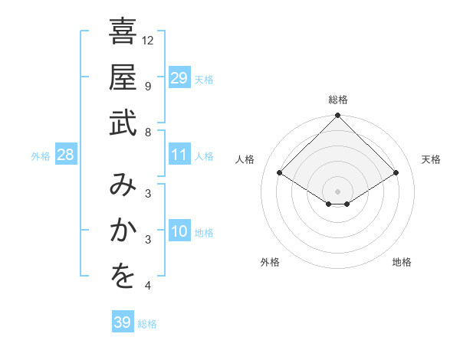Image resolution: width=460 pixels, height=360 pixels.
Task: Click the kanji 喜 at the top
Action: point(123,34)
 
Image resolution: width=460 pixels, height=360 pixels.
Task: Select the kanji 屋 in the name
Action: point(123,79)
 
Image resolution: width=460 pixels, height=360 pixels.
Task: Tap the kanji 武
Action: point(123,123)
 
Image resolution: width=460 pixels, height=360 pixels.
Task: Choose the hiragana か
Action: point(123,232)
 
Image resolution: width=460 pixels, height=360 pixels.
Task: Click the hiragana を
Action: point(123,277)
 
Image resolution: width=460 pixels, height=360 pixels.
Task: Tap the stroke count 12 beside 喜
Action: point(149,40)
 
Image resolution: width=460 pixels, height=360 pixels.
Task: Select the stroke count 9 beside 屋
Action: point(148,86)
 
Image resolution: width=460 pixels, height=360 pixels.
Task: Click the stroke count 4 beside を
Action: point(148,286)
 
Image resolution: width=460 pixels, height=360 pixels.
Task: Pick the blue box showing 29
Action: point(179,77)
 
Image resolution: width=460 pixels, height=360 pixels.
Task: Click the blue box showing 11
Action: point(179,155)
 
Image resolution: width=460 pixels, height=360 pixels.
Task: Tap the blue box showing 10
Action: point(179,231)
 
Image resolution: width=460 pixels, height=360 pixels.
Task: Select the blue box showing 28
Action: point(65,155)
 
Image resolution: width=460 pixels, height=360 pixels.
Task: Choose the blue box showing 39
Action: point(123,322)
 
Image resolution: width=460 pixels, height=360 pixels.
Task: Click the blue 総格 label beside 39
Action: point(147,324)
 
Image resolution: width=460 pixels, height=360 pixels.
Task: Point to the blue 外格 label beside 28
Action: point(41,156)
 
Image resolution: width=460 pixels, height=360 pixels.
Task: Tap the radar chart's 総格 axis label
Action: point(338,100)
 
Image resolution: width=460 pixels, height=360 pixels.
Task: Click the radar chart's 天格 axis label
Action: point(431,159)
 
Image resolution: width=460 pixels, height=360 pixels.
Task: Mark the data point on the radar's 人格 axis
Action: point(280,174)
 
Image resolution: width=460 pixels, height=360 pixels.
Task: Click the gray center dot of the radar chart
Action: point(338,191)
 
